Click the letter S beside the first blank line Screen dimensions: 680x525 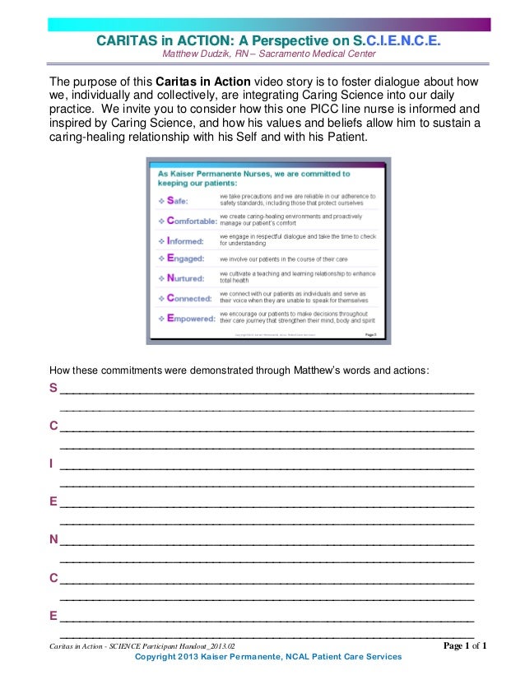point(53,388)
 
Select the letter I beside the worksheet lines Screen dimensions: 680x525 point(53,463)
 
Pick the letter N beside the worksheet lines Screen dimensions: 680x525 point(53,540)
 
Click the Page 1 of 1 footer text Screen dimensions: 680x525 point(465,646)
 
